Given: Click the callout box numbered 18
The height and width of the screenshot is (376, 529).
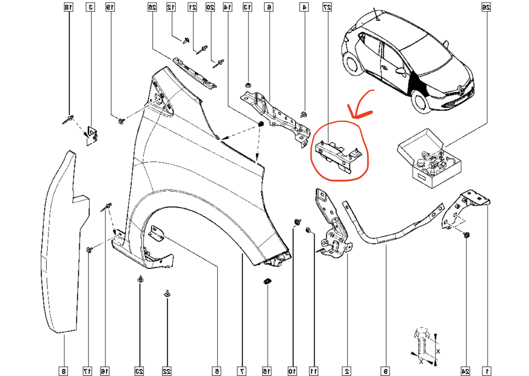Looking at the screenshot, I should point(69,7).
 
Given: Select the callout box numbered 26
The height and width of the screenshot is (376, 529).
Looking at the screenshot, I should point(486,7).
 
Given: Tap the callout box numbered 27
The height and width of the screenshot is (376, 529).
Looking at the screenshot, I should point(327,7).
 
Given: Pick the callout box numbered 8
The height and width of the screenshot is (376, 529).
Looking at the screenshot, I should point(64,371).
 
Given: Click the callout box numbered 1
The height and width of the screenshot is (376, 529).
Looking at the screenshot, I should point(487,371).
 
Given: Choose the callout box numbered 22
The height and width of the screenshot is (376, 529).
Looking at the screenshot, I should point(167,371).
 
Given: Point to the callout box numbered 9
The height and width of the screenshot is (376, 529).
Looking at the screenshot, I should point(385,371).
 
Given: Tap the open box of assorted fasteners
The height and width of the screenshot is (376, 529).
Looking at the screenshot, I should point(429,160).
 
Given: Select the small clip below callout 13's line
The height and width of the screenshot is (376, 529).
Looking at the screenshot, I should point(248,86).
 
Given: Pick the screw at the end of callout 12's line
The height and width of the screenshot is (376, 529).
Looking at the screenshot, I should point(186,40).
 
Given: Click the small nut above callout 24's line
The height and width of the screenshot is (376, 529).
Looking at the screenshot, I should point(466,235).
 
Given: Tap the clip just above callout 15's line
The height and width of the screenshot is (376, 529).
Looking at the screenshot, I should point(267,281).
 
